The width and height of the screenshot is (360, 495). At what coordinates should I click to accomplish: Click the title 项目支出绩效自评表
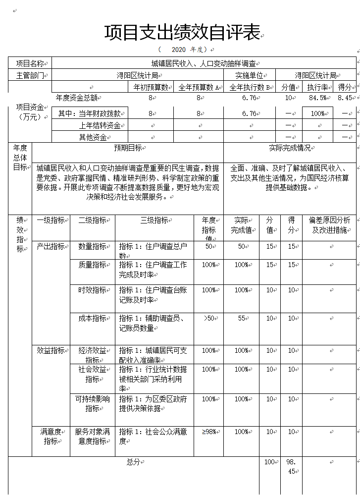tap(182, 33)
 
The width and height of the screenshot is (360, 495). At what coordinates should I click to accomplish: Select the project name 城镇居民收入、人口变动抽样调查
tap(204, 63)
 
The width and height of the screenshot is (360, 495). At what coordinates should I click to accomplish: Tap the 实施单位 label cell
tap(249, 75)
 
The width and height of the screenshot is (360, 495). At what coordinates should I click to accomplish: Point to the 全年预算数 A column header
tap(199, 88)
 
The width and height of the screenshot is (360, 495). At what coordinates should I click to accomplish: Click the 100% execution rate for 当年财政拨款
tap(317, 113)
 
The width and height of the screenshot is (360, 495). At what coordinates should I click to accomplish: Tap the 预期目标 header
tap(128, 148)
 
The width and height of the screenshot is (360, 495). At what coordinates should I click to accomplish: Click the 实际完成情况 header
tap(290, 148)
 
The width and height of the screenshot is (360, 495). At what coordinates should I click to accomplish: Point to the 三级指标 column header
tap(154, 220)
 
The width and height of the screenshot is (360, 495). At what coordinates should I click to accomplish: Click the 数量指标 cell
tap(92, 246)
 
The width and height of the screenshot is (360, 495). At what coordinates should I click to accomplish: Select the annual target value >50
tap(209, 318)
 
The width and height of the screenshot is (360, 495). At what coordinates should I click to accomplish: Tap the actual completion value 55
tap(242, 318)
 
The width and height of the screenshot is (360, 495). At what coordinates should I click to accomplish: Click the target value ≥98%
tap(209, 432)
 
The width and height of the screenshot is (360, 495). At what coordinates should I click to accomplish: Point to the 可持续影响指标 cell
tap(92, 403)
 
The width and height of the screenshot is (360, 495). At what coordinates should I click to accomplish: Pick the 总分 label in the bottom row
tap(133, 462)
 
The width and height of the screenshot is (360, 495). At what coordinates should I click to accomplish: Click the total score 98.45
tap(291, 466)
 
